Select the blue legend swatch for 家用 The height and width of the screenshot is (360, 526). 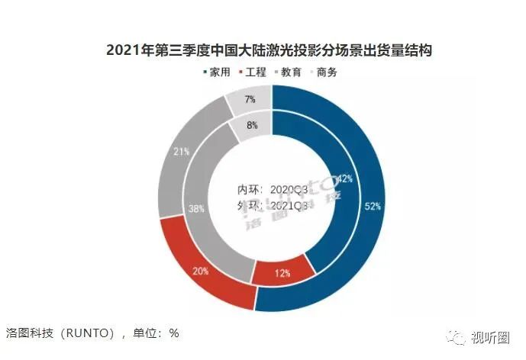(205, 72)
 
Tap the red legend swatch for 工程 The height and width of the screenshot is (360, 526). (242, 72)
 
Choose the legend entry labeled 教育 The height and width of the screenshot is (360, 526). (291, 72)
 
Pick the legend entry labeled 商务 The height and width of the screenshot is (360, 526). (328, 72)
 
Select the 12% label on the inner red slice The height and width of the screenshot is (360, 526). (282, 273)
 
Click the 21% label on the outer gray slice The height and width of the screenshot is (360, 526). (182, 152)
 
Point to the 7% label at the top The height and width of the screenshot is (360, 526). (251, 99)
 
